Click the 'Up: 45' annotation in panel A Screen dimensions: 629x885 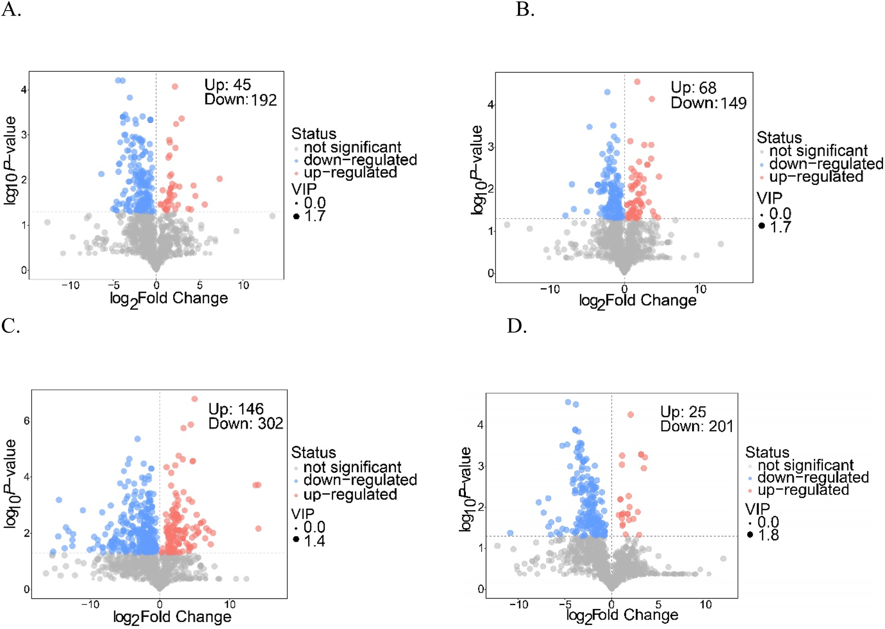(228, 85)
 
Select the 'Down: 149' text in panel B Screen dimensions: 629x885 (708, 103)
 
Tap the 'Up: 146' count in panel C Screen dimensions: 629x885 (236, 409)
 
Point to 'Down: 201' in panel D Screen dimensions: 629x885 (696, 426)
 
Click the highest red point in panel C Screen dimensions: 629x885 (194, 399)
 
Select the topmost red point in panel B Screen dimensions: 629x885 (637, 82)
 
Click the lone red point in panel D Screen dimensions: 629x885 (630, 415)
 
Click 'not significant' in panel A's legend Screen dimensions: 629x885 (352, 147)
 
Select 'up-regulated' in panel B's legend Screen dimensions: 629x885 (816, 177)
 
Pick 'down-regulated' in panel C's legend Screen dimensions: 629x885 (360, 480)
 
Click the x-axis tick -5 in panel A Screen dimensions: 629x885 (114, 286)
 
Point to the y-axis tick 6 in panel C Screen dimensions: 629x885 (26, 421)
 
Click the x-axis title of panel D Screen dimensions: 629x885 (622, 616)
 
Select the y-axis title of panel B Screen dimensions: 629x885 (477, 170)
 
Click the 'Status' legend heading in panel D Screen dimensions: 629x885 (767, 452)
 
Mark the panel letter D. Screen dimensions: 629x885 (517, 326)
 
